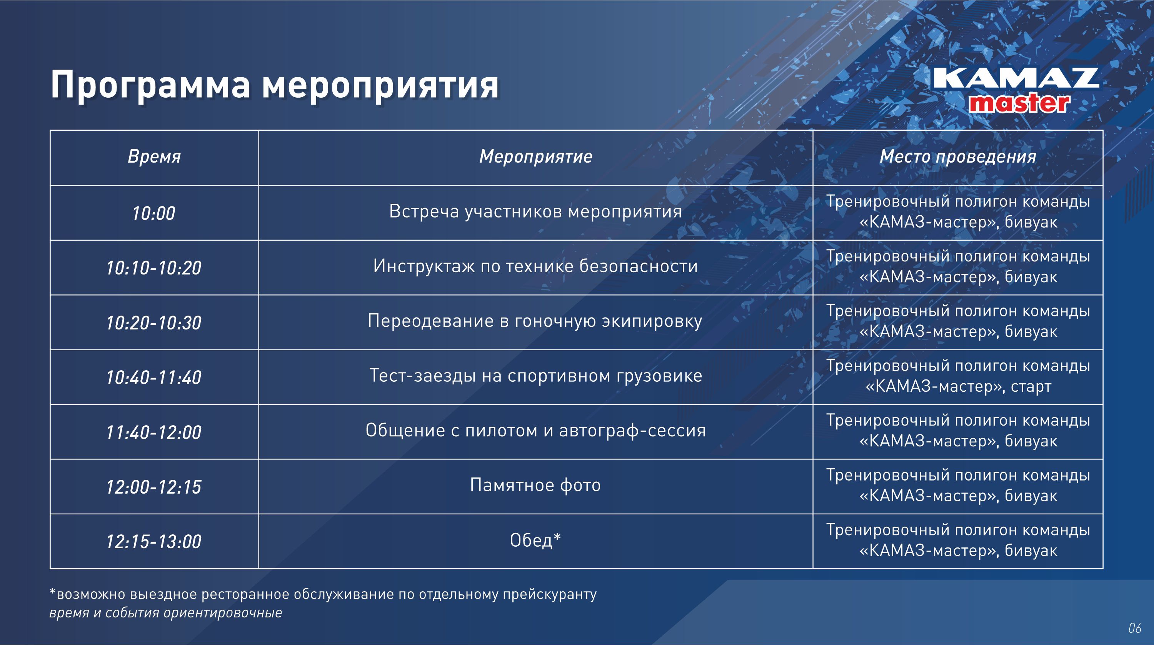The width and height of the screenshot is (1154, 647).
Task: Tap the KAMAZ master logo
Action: click(1016, 90)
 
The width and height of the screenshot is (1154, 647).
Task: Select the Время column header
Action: click(154, 157)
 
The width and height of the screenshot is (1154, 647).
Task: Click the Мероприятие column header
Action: click(536, 157)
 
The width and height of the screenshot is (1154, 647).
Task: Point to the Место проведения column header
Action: click(958, 157)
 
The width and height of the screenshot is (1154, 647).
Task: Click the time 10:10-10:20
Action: click(153, 268)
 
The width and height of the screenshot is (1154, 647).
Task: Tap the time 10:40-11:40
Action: click(153, 378)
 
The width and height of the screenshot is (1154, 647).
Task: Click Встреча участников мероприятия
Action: click(535, 211)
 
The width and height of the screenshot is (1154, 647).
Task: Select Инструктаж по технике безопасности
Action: click(535, 266)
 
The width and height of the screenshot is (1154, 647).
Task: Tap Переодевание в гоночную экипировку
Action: click(535, 321)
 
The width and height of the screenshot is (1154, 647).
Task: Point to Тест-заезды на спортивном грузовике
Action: click(535, 376)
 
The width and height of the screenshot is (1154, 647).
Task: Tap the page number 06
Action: click(1134, 628)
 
